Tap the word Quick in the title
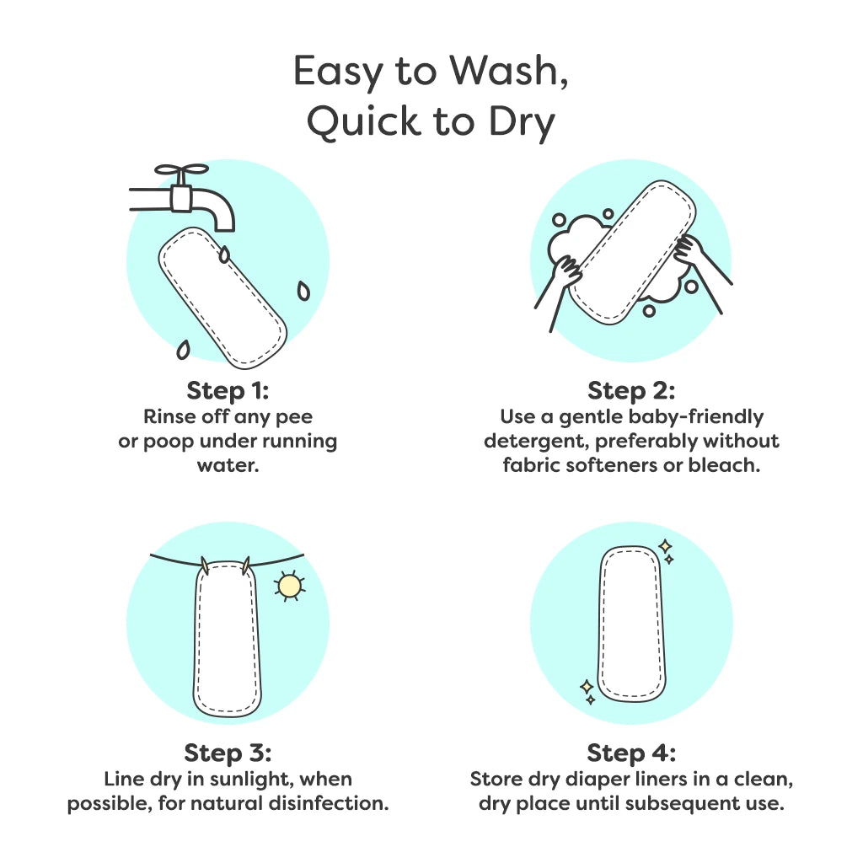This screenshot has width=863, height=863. point(364,121)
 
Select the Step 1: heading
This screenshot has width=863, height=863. point(228,391)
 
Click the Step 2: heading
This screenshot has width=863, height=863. point(631,391)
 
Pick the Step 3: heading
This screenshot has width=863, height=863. point(228,753)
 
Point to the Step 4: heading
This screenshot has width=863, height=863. point(631,753)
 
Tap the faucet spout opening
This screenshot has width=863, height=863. point(226,227)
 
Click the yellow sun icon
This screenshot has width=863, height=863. point(290,587)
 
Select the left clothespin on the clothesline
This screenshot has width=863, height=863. point(206,566)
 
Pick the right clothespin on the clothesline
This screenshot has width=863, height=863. point(246,566)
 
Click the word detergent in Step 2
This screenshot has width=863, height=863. point(536,442)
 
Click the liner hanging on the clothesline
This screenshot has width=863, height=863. point(228,639)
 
